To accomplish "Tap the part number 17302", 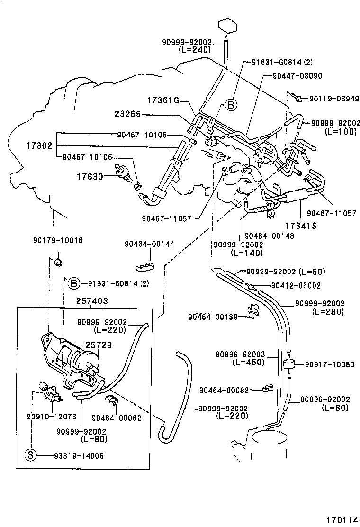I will (39, 145).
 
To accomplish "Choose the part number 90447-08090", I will (297, 75).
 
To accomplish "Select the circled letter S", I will (30, 456).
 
